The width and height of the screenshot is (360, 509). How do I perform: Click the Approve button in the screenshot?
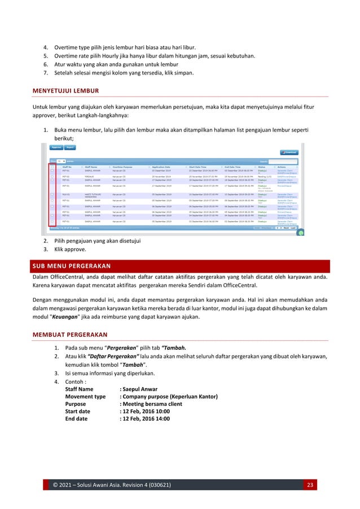pos(56,147)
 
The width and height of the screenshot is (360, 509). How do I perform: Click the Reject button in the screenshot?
pos(71,147)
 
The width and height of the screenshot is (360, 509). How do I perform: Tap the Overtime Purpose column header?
pos(125,167)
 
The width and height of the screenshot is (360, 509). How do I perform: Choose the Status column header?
pos(262,167)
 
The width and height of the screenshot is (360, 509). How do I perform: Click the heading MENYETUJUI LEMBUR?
pos(67,90)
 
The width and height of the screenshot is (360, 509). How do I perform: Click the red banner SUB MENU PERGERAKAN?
pos(71,266)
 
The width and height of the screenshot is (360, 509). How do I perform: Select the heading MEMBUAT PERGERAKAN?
pos(70,334)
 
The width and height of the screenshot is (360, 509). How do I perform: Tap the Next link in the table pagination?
pos(287,228)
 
